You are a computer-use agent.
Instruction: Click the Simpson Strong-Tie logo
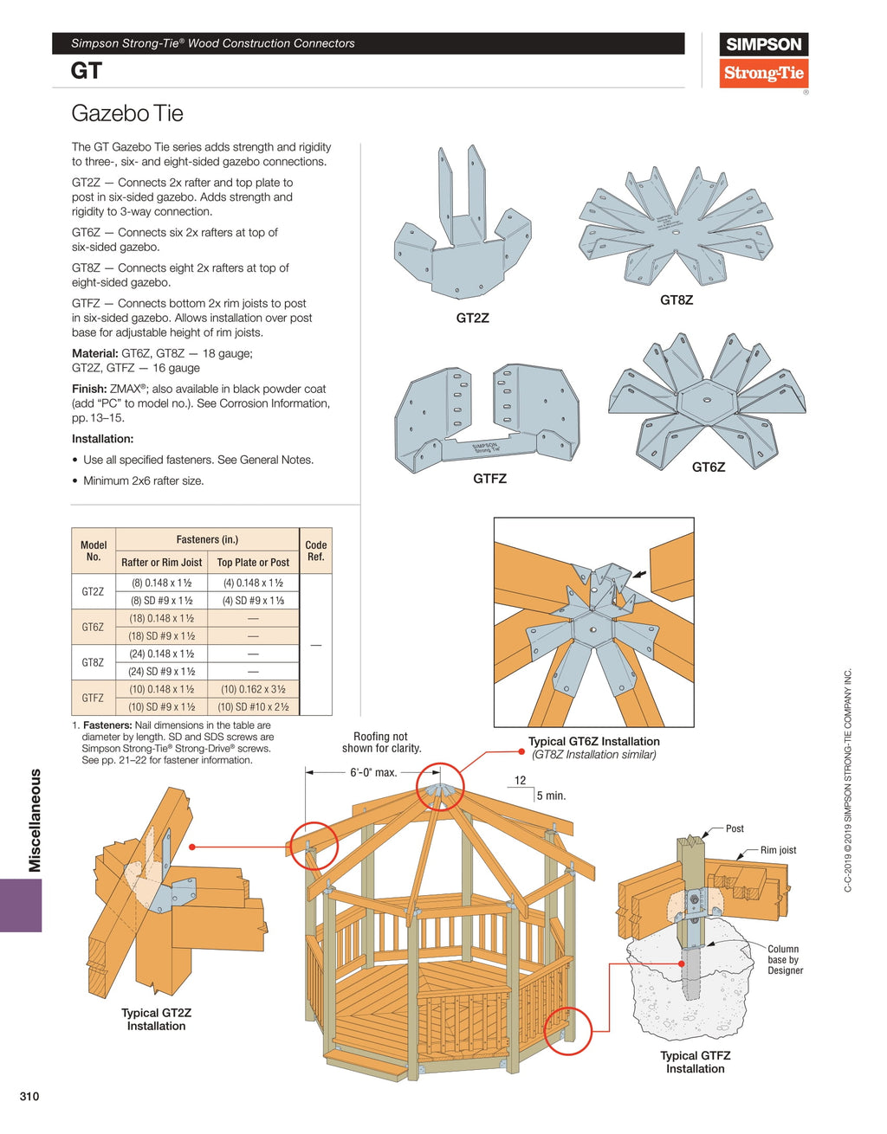tap(763, 60)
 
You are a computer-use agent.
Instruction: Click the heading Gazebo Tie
tap(127, 113)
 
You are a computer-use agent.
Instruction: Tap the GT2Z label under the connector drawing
tap(472, 318)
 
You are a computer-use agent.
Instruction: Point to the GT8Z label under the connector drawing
tap(676, 300)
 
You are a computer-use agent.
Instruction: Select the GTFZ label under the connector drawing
tap(489, 479)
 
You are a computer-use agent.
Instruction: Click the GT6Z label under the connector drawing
tap(708, 467)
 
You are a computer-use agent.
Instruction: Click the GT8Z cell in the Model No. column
tap(93, 662)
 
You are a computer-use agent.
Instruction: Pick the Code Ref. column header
tap(315, 551)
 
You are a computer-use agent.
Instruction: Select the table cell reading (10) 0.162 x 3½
tap(253, 689)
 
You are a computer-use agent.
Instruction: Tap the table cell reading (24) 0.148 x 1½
tap(161, 654)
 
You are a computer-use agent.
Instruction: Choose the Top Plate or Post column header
tap(253, 562)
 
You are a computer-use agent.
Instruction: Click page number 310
tap(29, 1096)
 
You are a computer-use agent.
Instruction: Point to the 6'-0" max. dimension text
tap(373, 772)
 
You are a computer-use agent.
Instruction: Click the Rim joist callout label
tap(778, 850)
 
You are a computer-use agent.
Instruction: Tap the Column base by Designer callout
tap(785, 959)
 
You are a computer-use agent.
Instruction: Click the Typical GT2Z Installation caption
tap(156, 1019)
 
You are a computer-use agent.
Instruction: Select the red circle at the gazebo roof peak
tap(440, 786)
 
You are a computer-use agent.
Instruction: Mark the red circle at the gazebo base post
tap(567, 1030)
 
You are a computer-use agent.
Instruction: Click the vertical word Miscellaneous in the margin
tap(35, 820)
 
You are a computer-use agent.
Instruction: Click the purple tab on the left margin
tap(21, 905)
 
